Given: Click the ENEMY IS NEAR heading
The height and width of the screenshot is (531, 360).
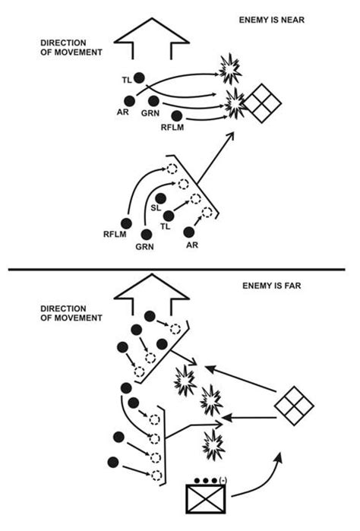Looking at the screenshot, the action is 272,20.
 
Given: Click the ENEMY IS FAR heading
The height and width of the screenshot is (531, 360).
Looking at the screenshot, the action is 272,286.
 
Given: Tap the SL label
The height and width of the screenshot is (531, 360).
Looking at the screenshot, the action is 156,208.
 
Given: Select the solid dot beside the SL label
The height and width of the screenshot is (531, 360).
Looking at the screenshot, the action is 160,198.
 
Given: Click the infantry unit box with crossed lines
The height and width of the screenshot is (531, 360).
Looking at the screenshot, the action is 206,499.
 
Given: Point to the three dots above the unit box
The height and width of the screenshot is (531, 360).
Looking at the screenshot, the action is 206,481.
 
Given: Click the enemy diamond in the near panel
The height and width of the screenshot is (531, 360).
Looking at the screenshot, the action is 262,103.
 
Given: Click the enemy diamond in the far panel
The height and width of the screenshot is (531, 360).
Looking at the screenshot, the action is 294,405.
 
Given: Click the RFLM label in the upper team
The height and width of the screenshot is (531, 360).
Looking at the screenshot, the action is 172,128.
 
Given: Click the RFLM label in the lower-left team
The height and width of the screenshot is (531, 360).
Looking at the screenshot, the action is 115,234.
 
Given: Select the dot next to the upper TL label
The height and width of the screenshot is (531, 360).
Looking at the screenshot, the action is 139,78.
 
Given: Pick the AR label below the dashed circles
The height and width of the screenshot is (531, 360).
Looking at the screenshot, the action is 192,245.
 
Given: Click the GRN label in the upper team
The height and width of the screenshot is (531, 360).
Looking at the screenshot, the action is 150,112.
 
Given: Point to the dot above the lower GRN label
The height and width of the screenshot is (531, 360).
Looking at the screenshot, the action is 147,234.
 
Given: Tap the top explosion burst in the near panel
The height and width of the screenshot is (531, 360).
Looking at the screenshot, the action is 230,69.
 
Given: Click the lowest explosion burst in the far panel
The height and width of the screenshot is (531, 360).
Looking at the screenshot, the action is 213,444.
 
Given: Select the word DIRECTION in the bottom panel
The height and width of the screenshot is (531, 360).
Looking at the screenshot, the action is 63,309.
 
